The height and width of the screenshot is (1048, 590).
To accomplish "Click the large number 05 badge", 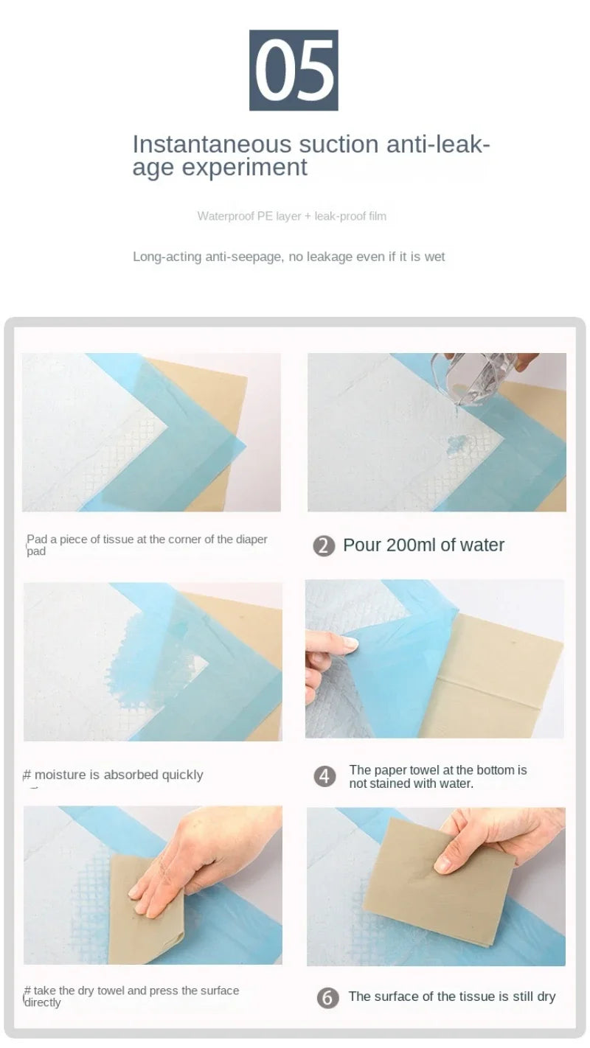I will point(294,70).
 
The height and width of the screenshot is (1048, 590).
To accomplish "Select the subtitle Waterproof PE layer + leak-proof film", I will point(291,216).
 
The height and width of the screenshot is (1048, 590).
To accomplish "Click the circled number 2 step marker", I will point(324,546).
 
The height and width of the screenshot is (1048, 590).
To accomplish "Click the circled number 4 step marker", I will point(324,776).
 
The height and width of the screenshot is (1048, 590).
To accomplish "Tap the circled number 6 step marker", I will point(327,997).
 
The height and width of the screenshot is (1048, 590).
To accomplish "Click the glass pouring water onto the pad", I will point(468,376).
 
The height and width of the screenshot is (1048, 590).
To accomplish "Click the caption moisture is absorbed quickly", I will point(118,775).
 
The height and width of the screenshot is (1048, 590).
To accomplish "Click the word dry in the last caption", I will point(546,996).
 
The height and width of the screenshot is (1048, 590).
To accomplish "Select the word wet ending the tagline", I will point(434,256).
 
